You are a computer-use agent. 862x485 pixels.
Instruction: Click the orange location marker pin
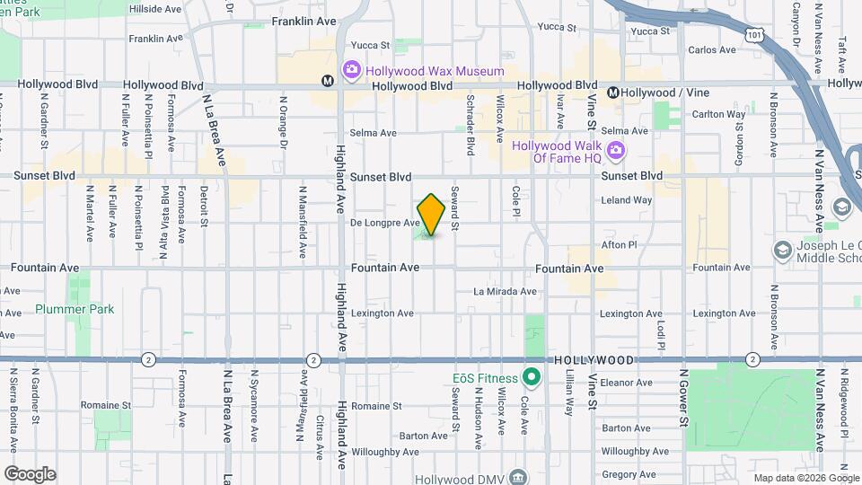pos(431,215)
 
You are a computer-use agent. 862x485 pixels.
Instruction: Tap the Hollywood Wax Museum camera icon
pos(350,69)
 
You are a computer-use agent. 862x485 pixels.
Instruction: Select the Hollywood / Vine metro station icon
pos(613,93)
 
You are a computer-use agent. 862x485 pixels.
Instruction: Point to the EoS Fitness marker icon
pos(531,376)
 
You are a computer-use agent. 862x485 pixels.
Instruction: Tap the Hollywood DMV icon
pos(517,476)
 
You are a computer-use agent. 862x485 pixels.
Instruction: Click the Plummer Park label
pos(75,309)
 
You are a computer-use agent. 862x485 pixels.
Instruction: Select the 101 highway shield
pos(753,35)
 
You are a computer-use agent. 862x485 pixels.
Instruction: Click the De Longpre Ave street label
pos(384,223)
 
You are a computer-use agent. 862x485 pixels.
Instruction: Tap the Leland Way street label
pos(626,200)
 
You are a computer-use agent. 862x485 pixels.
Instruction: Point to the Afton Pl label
pos(618,244)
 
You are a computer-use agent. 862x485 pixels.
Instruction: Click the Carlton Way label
pos(718,114)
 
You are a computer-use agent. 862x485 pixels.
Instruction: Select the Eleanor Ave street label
pos(626,382)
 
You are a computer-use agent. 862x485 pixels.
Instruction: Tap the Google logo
pos(29,473)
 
